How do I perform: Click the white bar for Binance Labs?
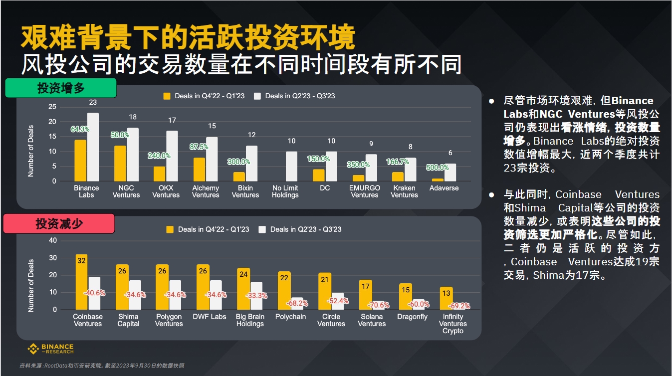coord(93,147)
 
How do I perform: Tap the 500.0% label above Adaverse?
coord(437,168)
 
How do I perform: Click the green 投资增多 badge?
coord(61,88)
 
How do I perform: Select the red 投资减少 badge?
coord(59,224)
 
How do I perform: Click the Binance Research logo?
coord(50,349)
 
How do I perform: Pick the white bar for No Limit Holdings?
coord(291,167)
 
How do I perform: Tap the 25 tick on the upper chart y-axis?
coord(52,107)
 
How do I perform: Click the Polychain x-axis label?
coord(290,317)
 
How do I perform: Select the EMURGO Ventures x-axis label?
coord(365,191)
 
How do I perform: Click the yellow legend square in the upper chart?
coord(167,96)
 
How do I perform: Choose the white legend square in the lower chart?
coord(262,229)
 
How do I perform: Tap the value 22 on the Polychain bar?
coord(284,277)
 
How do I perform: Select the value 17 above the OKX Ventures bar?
coord(172,120)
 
